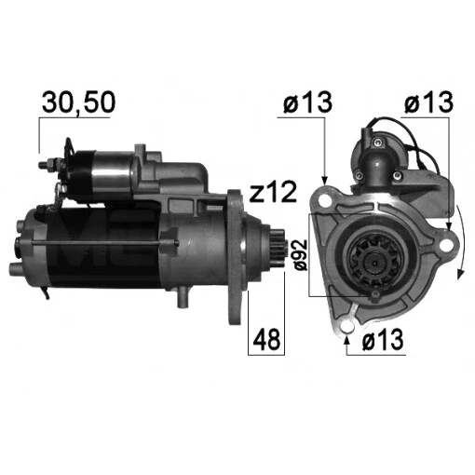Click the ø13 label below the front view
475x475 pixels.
[382, 342]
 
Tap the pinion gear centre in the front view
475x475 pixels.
[374, 253]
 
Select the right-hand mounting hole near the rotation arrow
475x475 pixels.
[444, 246]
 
